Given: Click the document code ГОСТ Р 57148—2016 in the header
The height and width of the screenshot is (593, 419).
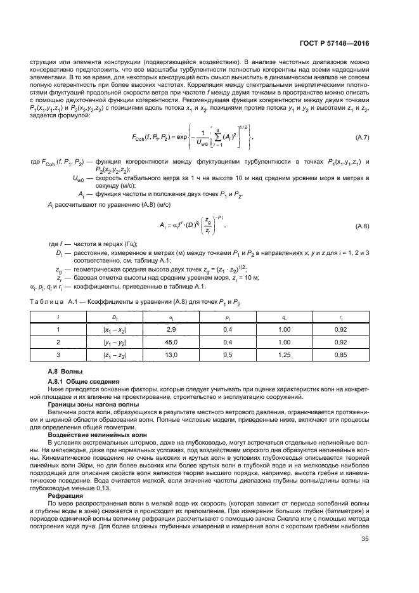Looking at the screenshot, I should [333, 42].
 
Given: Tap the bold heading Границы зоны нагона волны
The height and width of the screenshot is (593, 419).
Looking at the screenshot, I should [94, 403].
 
